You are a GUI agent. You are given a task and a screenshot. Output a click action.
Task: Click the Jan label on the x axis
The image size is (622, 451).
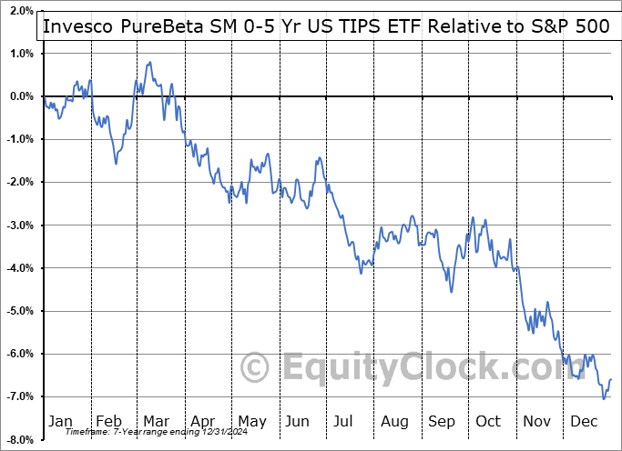[59, 421]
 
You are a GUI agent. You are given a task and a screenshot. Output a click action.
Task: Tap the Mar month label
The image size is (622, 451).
[155, 421]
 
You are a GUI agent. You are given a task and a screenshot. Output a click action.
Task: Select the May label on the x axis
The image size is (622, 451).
[251, 421]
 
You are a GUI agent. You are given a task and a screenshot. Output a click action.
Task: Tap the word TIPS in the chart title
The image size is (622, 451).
[352, 26]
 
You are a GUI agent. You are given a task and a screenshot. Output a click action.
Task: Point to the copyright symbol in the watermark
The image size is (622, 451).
[254, 368]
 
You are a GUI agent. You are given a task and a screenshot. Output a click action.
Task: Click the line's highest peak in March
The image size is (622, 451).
[148, 63]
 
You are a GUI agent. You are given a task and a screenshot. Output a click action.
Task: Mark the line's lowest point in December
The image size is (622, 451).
[603, 398]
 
